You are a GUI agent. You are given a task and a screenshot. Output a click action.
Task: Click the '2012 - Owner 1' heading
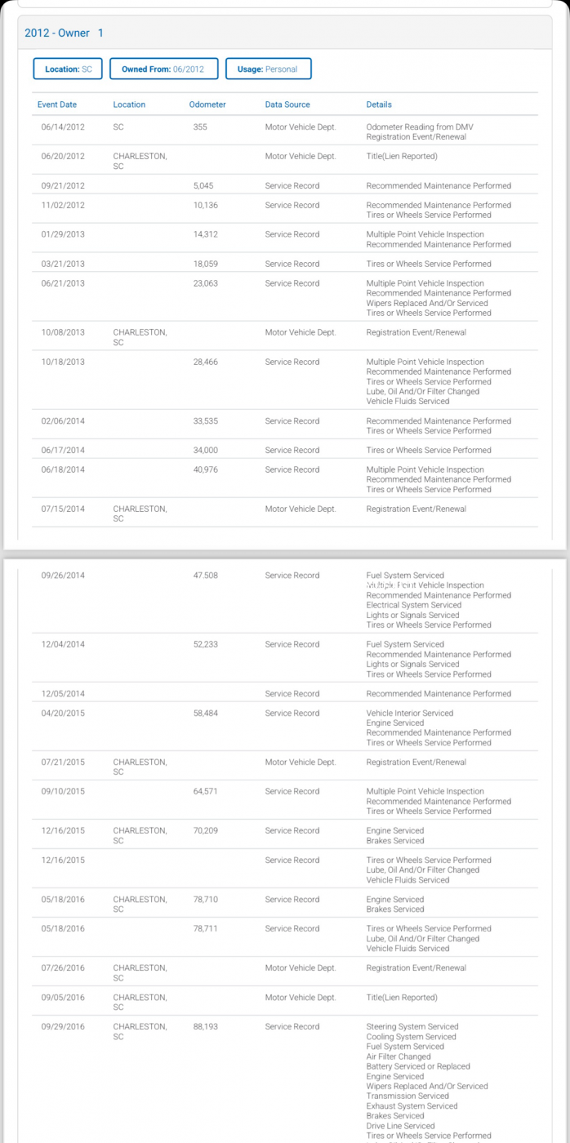(64, 33)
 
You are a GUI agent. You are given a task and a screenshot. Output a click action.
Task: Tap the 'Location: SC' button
(68, 69)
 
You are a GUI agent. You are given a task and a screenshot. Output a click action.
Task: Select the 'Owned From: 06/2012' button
(163, 69)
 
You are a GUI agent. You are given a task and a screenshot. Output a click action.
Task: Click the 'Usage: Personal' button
(268, 69)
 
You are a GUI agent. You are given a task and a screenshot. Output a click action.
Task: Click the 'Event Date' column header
(57, 105)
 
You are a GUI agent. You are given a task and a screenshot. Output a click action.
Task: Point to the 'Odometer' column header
(207, 105)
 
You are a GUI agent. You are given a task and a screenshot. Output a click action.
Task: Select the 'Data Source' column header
(287, 105)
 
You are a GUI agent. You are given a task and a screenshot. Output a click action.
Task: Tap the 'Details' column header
(379, 105)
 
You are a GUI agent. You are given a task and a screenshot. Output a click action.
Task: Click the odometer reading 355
(200, 127)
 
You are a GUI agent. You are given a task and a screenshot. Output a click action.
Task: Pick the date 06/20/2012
(63, 156)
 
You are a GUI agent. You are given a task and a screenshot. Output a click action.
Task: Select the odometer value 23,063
(206, 283)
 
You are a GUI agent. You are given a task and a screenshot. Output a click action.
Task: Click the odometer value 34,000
(206, 450)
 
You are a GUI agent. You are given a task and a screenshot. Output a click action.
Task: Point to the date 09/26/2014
(63, 576)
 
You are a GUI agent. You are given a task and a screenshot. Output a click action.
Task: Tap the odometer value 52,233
(206, 644)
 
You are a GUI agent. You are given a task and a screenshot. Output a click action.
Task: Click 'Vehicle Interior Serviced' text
(409, 713)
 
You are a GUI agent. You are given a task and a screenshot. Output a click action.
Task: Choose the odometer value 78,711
(206, 928)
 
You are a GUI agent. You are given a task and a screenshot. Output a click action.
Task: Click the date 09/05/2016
(63, 997)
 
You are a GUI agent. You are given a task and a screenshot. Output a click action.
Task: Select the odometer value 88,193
(206, 1026)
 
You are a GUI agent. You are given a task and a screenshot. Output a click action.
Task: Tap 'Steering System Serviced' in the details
(412, 1026)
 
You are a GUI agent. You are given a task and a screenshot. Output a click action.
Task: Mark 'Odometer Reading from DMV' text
(419, 127)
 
